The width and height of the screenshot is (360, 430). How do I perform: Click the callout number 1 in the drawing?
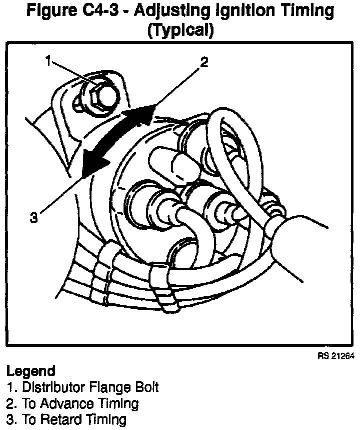pyautogui.click(x=48, y=61)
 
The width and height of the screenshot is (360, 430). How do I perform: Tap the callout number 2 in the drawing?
pyautogui.click(x=203, y=62)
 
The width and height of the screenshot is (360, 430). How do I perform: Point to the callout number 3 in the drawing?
pyautogui.click(x=33, y=218)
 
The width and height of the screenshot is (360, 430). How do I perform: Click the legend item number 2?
pyautogui.click(x=9, y=403)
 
